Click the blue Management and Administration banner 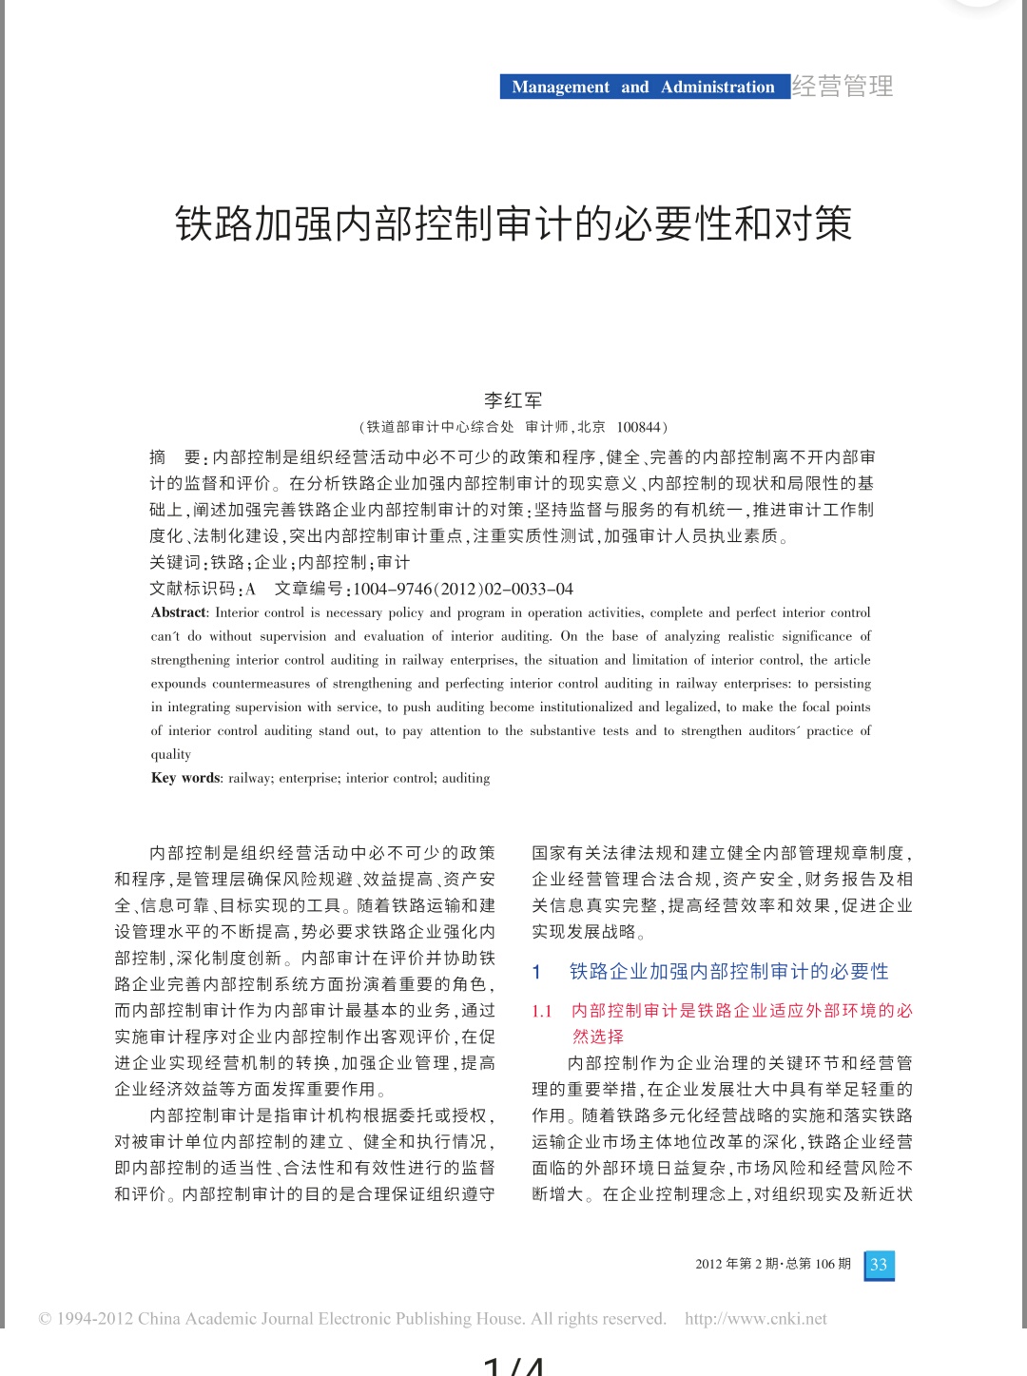(x=644, y=87)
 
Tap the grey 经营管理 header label (x=843, y=87)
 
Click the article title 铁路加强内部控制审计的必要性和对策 (x=513, y=224)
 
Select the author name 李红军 (x=513, y=400)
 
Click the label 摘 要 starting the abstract (x=177, y=457)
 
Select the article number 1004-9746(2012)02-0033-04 (x=463, y=589)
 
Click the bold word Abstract (x=179, y=612)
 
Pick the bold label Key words (x=186, y=778)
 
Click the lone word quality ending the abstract (x=171, y=754)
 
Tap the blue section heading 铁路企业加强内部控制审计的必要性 (x=728, y=971)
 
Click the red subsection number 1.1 (x=542, y=1011)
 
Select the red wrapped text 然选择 (x=598, y=1037)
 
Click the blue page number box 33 (x=879, y=1265)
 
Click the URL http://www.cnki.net (x=756, y=1319)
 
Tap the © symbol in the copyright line (x=45, y=1319)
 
